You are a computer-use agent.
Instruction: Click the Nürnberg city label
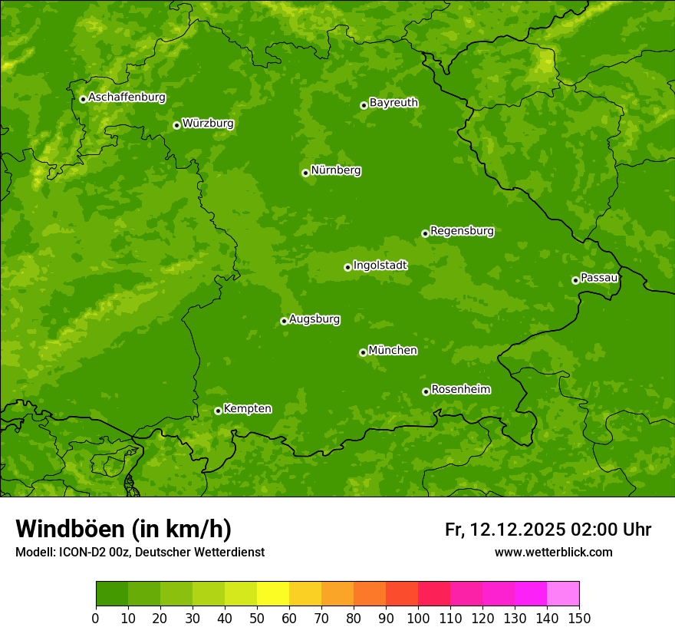tap(335, 170)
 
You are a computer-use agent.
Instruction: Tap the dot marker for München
tap(363, 352)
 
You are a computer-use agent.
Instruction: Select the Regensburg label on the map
tap(462, 231)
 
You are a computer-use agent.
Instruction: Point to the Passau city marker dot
tap(575, 280)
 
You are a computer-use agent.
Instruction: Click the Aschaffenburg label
tap(127, 97)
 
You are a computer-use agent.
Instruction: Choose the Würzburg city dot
tap(176, 125)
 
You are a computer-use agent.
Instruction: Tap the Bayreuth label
tap(393, 103)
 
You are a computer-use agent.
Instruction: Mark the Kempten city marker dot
tap(218, 411)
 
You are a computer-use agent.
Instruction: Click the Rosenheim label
tap(460, 390)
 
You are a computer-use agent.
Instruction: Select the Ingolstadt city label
tap(380, 266)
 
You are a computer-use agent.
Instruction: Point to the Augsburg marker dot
tap(284, 321)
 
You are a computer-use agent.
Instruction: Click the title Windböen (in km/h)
tap(123, 529)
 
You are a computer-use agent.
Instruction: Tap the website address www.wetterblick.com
tap(553, 552)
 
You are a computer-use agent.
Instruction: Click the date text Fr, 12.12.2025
tap(505, 530)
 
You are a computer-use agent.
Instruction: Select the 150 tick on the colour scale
tap(579, 618)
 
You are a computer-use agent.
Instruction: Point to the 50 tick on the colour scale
tap(257, 618)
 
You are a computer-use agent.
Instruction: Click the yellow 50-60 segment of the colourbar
tap(273, 594)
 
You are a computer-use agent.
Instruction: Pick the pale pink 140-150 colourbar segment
tap(563, 594)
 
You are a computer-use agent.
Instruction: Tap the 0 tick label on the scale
tap(96, 618)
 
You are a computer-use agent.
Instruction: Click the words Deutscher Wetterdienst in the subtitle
tap(200, 552)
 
